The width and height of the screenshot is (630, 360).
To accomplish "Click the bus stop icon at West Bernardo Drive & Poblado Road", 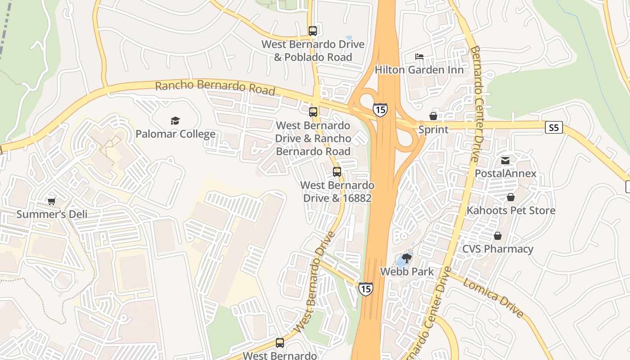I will (x=313, y=31).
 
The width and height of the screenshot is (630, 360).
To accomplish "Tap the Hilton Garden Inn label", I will (x=419, y=70).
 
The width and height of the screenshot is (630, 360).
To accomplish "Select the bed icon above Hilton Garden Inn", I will (x=419, y=57).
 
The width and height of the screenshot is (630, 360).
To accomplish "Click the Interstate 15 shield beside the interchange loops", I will (x=380, y=109).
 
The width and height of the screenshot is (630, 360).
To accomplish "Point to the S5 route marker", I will (x=554, y=128).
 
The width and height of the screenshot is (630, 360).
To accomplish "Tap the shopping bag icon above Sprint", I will (x=433, y=116).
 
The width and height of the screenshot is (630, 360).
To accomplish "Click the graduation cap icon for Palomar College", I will (x=175, y=121).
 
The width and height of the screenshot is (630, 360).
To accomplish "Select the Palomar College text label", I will (x=175, y=134).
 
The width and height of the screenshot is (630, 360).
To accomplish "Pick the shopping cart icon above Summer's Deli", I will (x=52, y=201).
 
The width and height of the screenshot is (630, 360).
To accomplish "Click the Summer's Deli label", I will (x=52, y=214).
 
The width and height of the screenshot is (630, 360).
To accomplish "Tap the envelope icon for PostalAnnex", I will (x=505, y=161).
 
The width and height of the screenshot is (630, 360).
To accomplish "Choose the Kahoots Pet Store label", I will (x=511, y=210).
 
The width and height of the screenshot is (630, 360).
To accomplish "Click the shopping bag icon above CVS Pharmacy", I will (x=498, y=236).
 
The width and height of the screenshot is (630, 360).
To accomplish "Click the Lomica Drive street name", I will (x=493, y=297).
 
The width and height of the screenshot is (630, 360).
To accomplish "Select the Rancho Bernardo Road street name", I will (x=215, y=88).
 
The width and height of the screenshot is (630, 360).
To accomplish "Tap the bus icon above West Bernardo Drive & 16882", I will (x=337, y=172).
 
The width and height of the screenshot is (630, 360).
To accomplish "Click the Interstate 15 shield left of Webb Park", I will (x=366, y=288).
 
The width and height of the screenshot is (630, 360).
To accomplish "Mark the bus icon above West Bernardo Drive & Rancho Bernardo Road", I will (x=313, y=112).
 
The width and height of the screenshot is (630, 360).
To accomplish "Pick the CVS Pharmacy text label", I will (x=498, y=249).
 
